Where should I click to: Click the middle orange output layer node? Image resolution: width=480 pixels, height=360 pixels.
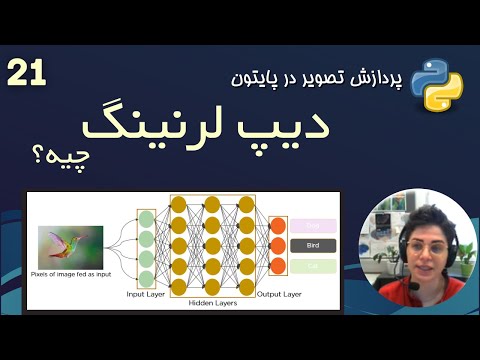coord(278,245)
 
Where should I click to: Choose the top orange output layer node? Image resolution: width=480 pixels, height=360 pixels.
coord(278,224)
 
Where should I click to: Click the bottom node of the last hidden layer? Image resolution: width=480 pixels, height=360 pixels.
coord(245,287)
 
